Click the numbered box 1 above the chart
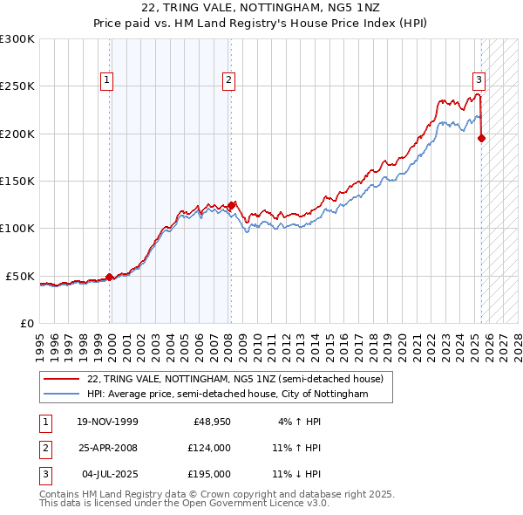[106, 80]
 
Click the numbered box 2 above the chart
[228, 80]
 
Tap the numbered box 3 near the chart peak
[479, 80]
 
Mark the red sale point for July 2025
[482, 137]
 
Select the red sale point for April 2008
[231, 205]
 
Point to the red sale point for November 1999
[110, 277]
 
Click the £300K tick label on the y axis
[17, 39]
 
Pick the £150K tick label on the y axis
[17, 181]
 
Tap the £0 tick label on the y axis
[26, 323]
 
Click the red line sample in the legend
[61, 379]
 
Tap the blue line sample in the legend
[61, 395]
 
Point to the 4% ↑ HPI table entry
[295, 422]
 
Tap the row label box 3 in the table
[44, 474]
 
